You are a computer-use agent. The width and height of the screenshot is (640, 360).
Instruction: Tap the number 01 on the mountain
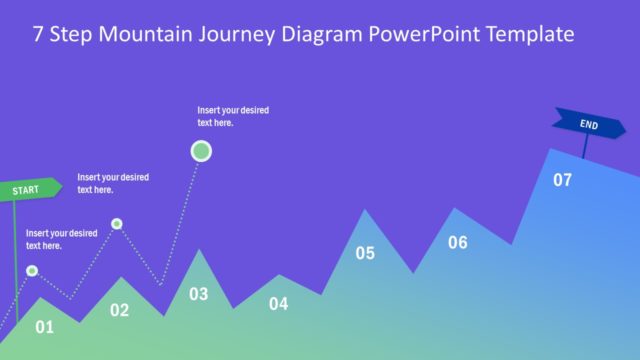pyautogui.click(x=44, y=326)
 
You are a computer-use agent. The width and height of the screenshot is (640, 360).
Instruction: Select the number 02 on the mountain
pyautogui.click(x=119, y=310)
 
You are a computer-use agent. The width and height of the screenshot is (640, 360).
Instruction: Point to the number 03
pyautogui.click(x=199, y=294)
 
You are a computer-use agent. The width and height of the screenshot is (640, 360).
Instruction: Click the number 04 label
pyautogui.click(x=278, y=303)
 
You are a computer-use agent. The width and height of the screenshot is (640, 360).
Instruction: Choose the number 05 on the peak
pyautogui.click(x=365, y=253)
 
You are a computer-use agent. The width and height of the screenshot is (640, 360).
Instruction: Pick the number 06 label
pyautogui.click(x=457, y=242)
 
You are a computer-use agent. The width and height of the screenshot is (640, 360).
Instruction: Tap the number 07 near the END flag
pyautogui.click(x=562, y=180)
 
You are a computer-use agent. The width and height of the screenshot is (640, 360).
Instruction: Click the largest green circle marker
pyautogui.click(x=201, y=151)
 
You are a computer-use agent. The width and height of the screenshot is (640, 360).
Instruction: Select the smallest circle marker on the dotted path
pyautogui.click(x=117, y=223)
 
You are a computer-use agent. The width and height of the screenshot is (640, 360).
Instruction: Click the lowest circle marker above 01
pyautogui.click(x=32, y=270)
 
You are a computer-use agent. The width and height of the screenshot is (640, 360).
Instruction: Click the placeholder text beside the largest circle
pyautogui.click(x=233, y=116)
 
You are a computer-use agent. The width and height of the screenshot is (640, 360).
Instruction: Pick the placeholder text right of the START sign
pyautogui.click(x=113, y=183)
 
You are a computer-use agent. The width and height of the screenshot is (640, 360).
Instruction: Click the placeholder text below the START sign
pyautogui.click(x=61, y=239)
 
